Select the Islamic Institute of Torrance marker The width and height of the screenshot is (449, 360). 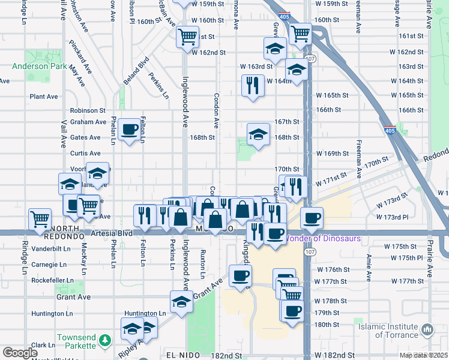427,330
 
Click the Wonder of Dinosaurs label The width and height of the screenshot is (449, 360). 322,238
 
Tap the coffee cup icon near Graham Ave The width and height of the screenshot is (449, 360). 130,128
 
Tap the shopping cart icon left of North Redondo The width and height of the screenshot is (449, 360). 40,219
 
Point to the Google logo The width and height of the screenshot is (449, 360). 20,353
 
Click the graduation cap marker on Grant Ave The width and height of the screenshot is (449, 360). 181,302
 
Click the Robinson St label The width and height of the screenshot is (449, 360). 88,110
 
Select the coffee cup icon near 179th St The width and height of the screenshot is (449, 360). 292,311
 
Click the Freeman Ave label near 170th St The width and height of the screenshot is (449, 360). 359,160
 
